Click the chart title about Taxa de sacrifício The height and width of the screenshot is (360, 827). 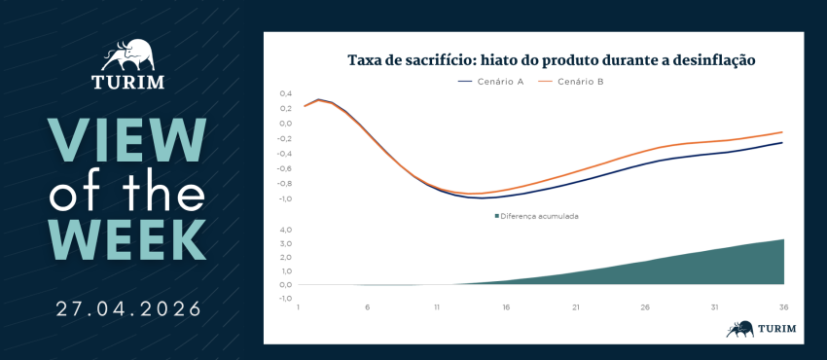pos(551,60)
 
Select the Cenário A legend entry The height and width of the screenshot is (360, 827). pos(490,82)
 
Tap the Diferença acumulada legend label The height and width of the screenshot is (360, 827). pos(536,216)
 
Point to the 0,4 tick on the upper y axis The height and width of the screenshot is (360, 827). pos(285,93)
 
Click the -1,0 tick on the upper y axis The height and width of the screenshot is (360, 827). pos(284,199)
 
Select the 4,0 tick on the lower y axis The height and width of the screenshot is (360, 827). pos(285,230)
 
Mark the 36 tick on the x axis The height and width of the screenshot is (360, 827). pos(784,307)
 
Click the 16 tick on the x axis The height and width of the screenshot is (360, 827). pos(506,307)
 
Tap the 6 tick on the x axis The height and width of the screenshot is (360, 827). pos(367,307)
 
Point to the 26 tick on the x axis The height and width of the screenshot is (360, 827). pos(645,307)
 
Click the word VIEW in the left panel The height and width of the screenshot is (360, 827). pos(127,140)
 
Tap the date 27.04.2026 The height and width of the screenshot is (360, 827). pos(128,308)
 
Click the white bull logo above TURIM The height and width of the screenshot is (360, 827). pos(128,55)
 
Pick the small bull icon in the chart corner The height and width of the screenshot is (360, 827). pos(740,328)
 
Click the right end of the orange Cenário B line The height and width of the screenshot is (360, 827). pos(781,131)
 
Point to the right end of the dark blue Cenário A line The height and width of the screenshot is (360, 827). pos(781,142)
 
